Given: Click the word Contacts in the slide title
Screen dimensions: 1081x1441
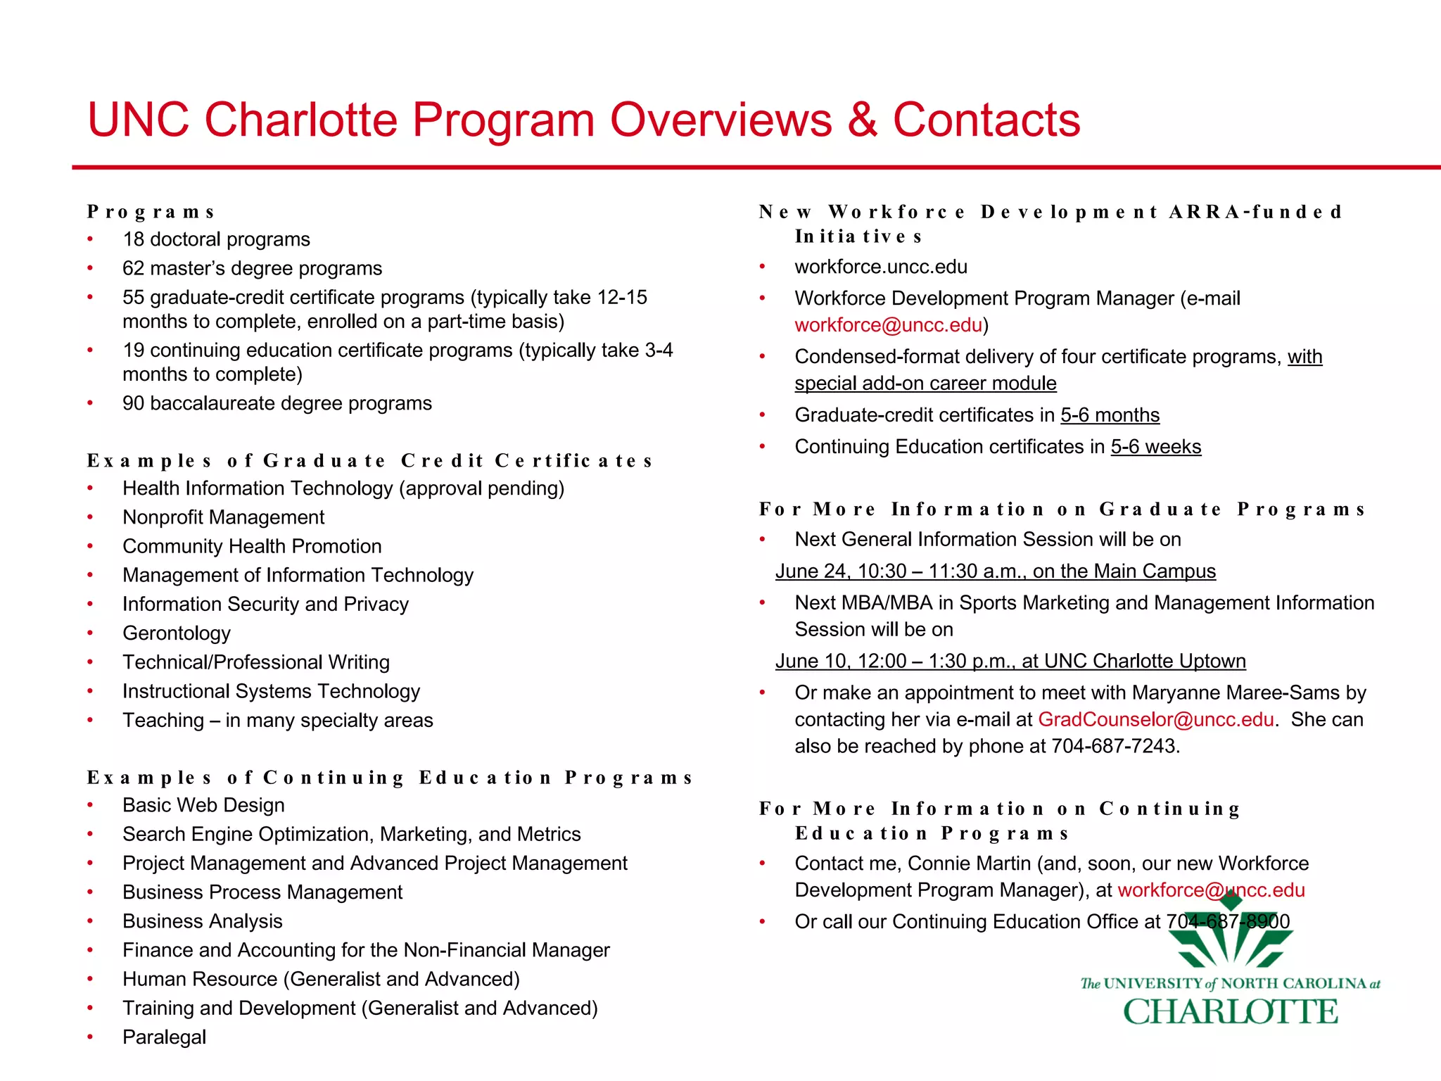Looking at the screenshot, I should point(986,120).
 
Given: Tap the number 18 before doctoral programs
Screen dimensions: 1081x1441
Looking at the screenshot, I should point(133,240).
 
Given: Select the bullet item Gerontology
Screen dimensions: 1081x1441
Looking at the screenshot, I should point(176,633).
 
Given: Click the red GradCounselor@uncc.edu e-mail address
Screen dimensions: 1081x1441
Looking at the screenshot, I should point(1155,720).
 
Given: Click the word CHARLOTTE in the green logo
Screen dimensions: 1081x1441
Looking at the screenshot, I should point(1230,1012).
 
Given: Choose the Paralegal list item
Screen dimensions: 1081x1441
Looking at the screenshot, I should point(164,1037).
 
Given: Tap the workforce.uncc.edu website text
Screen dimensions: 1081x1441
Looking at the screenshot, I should point(880,267).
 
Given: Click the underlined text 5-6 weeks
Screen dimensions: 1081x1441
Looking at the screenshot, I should point(1155,448).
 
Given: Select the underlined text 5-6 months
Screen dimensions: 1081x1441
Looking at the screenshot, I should point(1110,416).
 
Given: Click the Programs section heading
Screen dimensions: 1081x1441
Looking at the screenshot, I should point(151,212).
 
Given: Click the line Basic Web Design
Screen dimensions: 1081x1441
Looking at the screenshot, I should point(203,806).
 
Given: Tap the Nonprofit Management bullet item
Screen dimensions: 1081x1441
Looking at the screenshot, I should point(223,518).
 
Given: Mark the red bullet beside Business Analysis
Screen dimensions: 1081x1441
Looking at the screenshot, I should point(90,921).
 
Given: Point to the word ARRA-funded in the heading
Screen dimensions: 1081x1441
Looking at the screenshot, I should point(1255,212).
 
